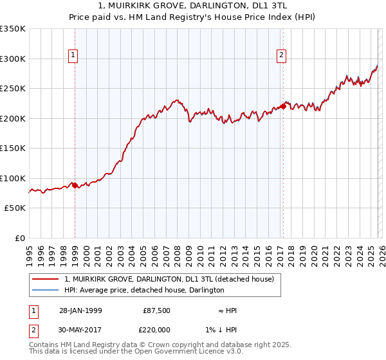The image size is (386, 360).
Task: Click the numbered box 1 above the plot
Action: tap(74, 56)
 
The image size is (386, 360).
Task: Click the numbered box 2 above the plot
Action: tap(282, 56)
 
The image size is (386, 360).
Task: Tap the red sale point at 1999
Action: tap(75, 186)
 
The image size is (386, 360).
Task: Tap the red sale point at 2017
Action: tap(283, 107)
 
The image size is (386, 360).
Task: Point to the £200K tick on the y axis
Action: tap(14, 118)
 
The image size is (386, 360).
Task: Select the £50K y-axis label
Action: tap(15, 208)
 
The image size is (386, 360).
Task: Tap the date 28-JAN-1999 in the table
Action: tap(80, 310)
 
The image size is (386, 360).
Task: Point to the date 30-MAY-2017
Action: tap(80, 330)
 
